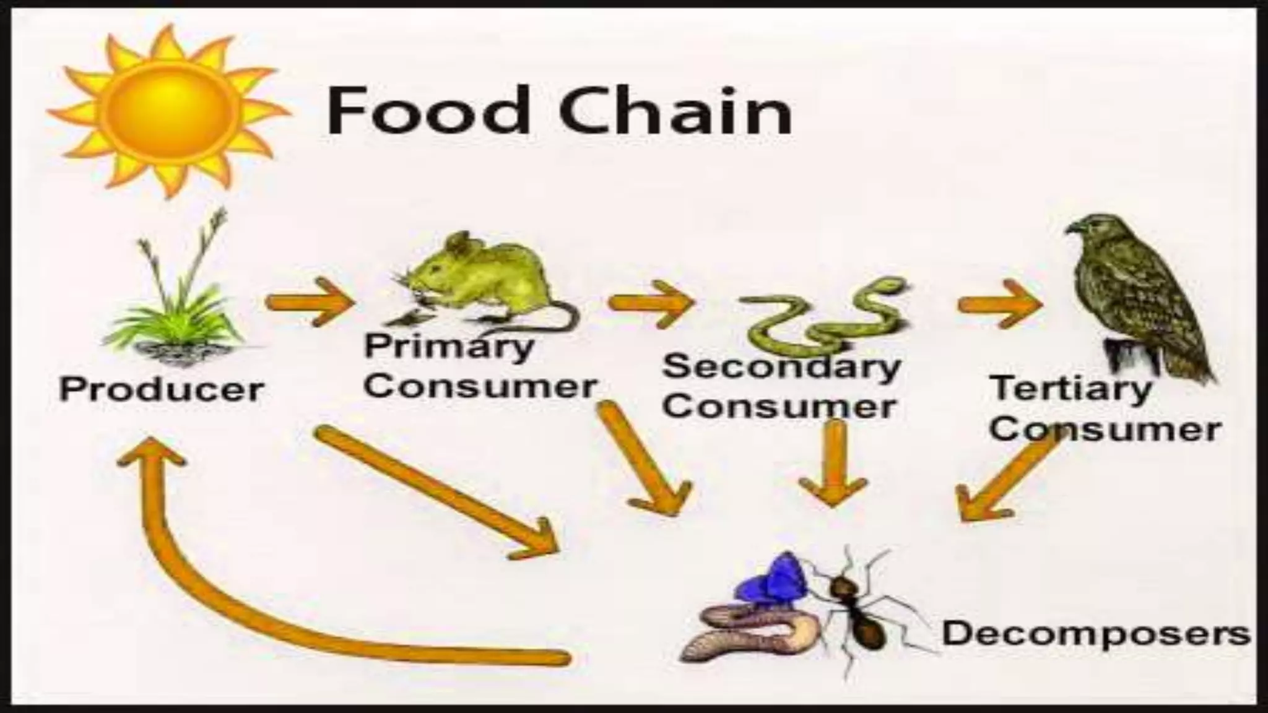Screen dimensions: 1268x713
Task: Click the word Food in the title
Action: (x=427, y=111)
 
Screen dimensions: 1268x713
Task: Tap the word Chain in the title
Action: (x=675, y=111)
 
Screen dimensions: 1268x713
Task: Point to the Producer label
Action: (x=162, y=390)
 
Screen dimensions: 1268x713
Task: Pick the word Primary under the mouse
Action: (x=449, y=347)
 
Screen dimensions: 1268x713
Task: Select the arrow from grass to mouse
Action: (x=310, y=302)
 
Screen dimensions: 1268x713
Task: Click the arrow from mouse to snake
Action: (x=650, y=303)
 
